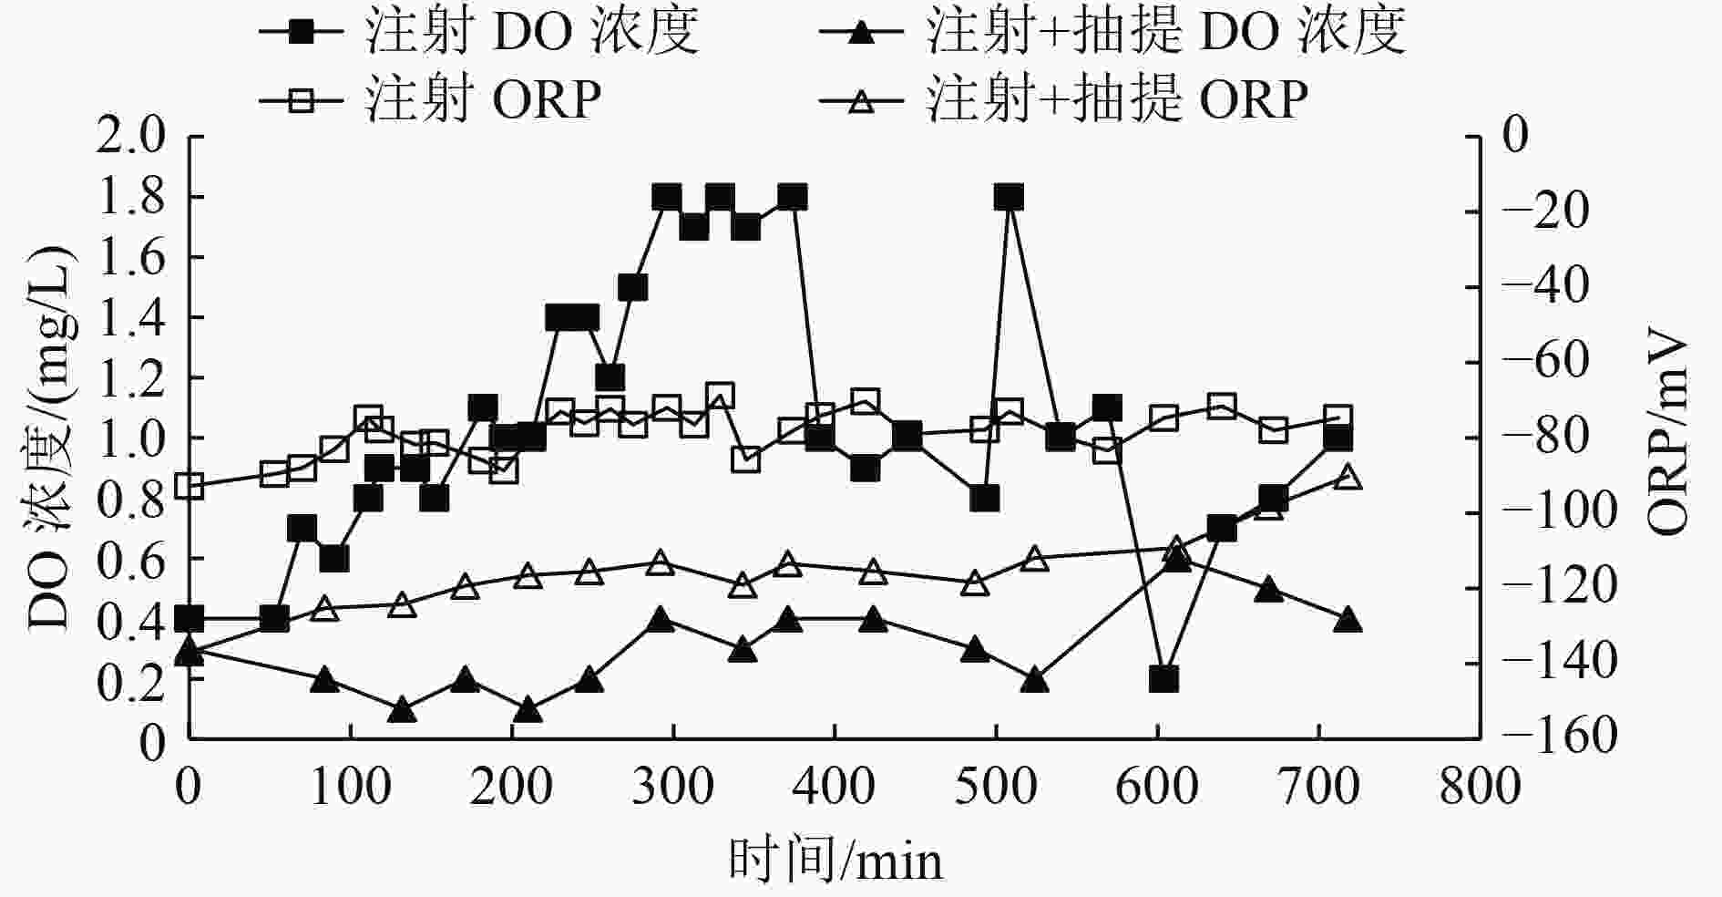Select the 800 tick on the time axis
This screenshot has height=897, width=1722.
[x=1480, y=786]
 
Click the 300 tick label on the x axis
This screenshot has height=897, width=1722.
[x=672, y=786]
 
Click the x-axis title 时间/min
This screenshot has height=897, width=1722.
[x=835, y=860]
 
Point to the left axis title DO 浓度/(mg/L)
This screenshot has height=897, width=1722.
[x=50, y=438]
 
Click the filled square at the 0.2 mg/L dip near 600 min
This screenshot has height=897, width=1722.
[x=1163, y=679]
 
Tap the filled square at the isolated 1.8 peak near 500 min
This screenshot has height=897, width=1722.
[x=1008, y=198]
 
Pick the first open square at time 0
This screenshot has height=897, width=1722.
[x=189, y=486]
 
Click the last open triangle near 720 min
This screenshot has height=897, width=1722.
[x=1348, y=477]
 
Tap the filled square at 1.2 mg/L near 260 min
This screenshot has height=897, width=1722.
[x=610, y=377]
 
